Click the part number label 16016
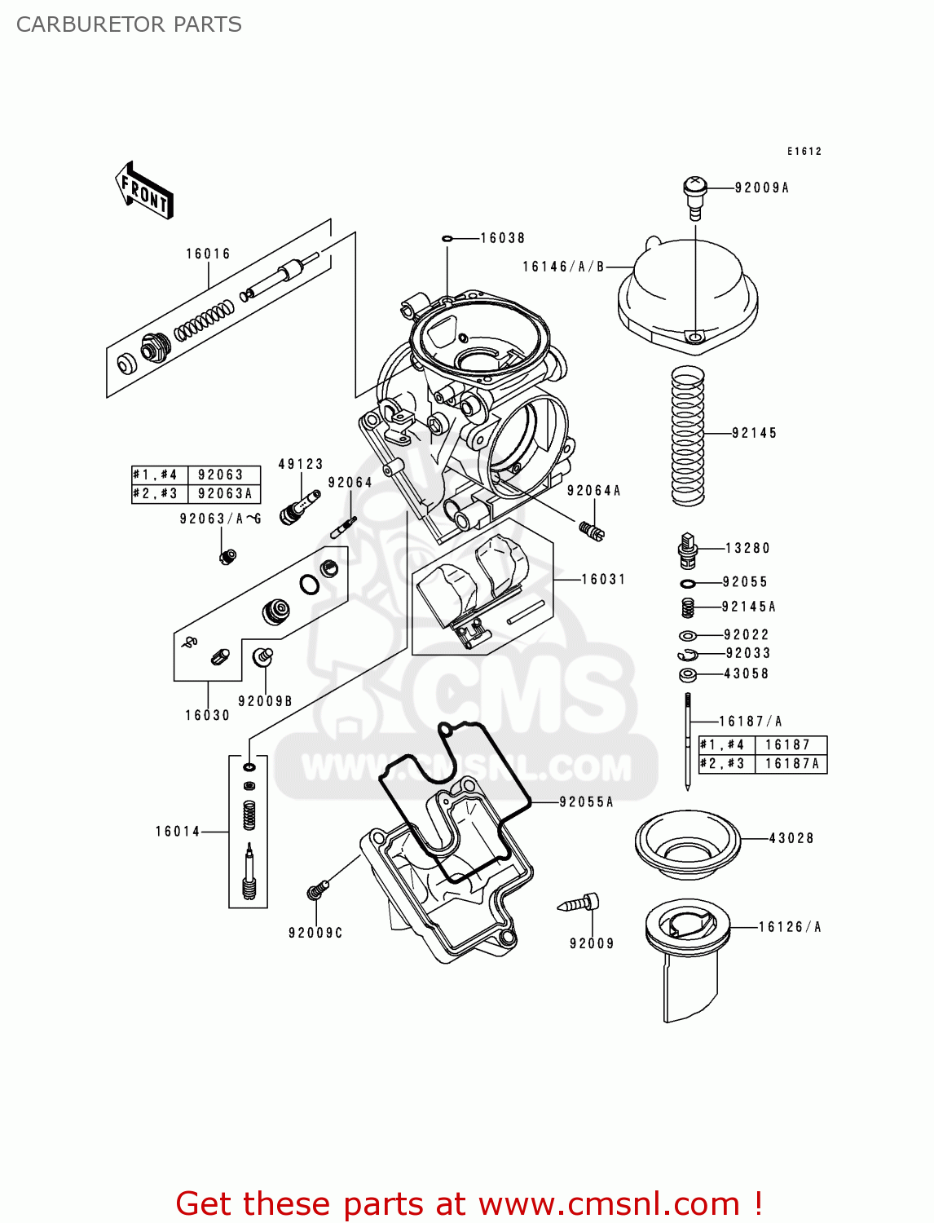tap(208, 254)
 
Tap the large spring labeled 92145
tap(687, 435)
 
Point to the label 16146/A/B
tap(563, 267)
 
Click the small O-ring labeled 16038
tap(447, 239)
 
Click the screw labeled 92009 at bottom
tap(580, 904)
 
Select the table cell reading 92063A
tap(224, 494)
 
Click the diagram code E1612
tap(804, 152)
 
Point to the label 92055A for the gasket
tap(586, 802)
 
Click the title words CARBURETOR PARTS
tap(129, 24)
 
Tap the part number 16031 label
tap(603, 580)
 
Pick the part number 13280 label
tap(747, 549)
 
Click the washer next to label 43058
tap(687, 675)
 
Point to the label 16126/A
tap(789, 927)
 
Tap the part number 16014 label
tap(178, 832)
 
